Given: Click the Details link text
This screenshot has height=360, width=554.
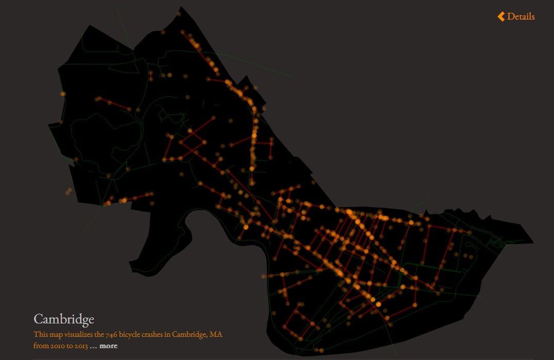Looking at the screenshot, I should point(521,16).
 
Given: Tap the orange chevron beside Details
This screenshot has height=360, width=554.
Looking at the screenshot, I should point(501,16).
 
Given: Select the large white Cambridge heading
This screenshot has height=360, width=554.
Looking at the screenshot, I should point(64,319).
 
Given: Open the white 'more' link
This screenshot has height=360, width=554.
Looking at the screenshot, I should point(109,346).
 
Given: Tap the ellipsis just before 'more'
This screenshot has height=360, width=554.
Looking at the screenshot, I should point(93,346).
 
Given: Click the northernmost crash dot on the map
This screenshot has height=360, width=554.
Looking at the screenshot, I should point(179,14).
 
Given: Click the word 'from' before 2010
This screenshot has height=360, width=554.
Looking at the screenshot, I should point(41,346).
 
